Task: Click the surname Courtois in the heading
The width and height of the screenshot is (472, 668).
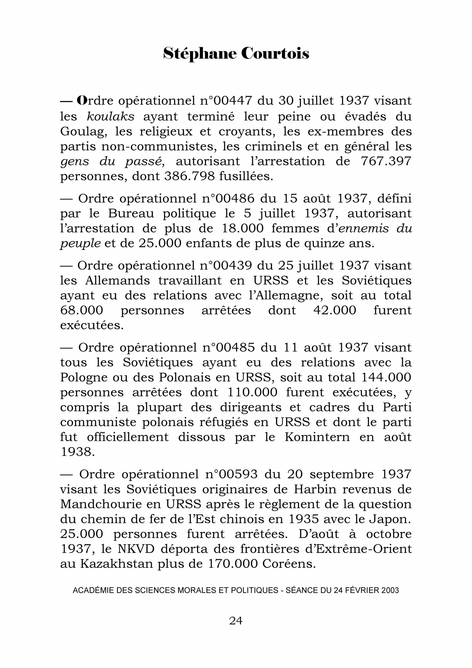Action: point(275,53)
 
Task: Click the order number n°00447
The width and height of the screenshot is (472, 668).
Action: point(226,101)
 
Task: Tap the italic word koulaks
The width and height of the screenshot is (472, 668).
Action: point(111,116)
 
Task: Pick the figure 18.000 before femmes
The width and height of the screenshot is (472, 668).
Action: point(243,228)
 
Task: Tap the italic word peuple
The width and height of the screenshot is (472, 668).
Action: point(80,243)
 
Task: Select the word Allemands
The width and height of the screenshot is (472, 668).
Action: point(118,281)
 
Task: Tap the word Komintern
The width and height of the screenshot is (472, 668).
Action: point(317,437)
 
